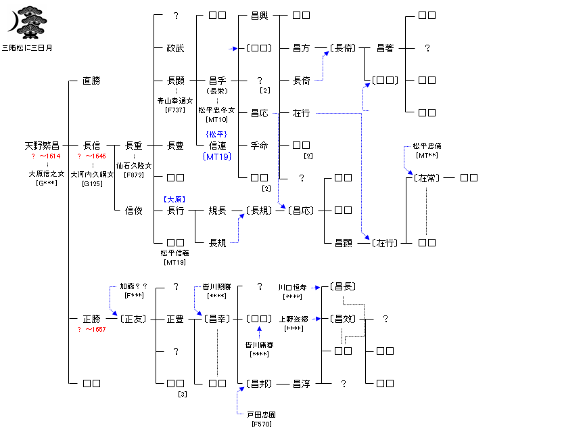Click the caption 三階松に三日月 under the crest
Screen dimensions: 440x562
26,48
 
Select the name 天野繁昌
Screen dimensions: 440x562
42,146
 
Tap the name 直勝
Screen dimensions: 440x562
91,81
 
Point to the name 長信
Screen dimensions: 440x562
91,146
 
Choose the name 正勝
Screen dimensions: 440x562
91,319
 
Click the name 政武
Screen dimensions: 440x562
175,48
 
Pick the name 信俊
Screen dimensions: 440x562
133,211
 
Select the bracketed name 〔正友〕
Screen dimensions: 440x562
133,319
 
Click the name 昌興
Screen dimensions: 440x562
259,16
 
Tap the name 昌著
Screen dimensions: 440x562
385,48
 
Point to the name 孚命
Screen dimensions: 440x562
259,146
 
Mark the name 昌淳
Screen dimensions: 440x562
301,384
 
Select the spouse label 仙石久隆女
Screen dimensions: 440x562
134,165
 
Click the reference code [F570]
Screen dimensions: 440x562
260,424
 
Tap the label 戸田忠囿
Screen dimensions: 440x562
260,414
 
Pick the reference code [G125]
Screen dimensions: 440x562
92,183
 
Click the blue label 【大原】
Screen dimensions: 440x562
174,199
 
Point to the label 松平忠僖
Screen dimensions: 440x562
427,146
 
